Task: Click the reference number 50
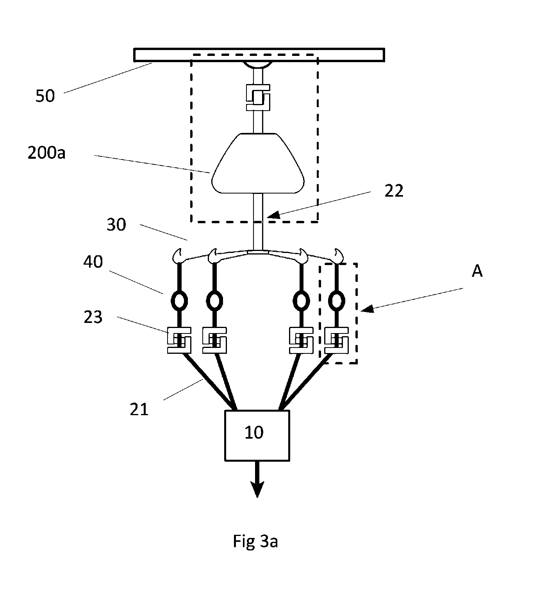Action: (45, 96)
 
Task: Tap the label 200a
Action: (46, 153)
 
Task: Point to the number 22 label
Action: (394, 191)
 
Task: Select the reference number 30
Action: (116, 224)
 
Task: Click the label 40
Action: (93, 262)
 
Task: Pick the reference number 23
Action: (93, 317)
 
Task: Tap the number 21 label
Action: (139, 410)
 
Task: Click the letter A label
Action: (477, 271)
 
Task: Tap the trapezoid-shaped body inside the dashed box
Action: (258, 163)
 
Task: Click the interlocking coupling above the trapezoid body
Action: (258, 97)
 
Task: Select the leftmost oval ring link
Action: (179, 301)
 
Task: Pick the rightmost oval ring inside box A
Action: (337, 301)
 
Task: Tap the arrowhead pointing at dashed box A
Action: (367, 309)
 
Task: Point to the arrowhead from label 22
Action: (273, 215)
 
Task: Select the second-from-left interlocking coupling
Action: (215, 340)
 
